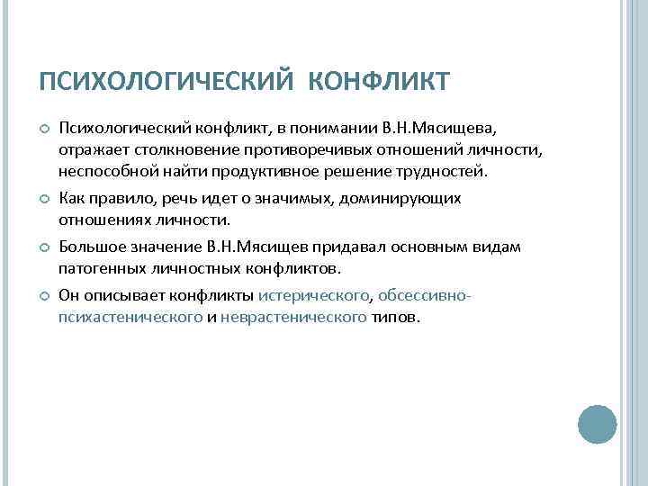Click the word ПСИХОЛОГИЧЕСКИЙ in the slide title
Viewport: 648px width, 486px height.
click(166, 82)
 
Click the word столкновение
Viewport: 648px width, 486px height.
click(170, 148)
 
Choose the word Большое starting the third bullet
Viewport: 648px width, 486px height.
click(89, 246)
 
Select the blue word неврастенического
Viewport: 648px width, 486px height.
click(292, 318)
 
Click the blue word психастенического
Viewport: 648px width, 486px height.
click(130, 318)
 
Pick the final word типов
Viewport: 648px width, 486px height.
click(394, 318)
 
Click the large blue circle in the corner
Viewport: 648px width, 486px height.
click(597, 424)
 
